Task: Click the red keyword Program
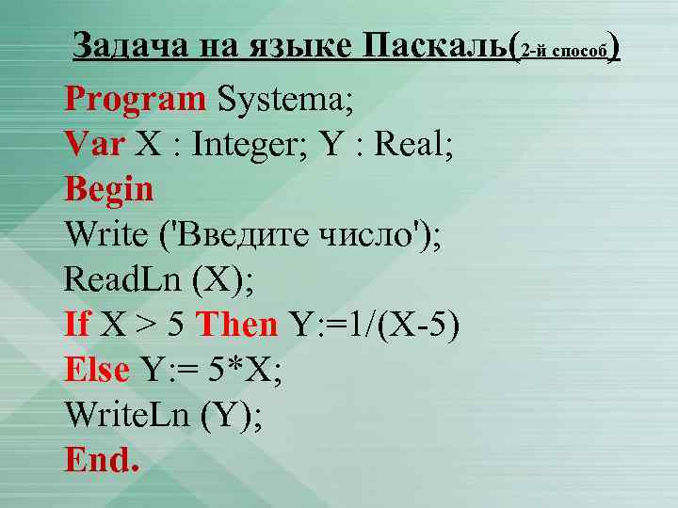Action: (x=135, y=99)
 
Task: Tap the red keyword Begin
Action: (x=109, y=189)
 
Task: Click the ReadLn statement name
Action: (x=116, y=279)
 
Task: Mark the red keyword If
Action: (x=77, y=325)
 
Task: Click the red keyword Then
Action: (x=236, y=325)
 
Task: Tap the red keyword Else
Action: (x=97, y=370)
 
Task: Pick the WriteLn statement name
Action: (x=127, y=415)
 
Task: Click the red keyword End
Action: (x=102, y=459)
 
